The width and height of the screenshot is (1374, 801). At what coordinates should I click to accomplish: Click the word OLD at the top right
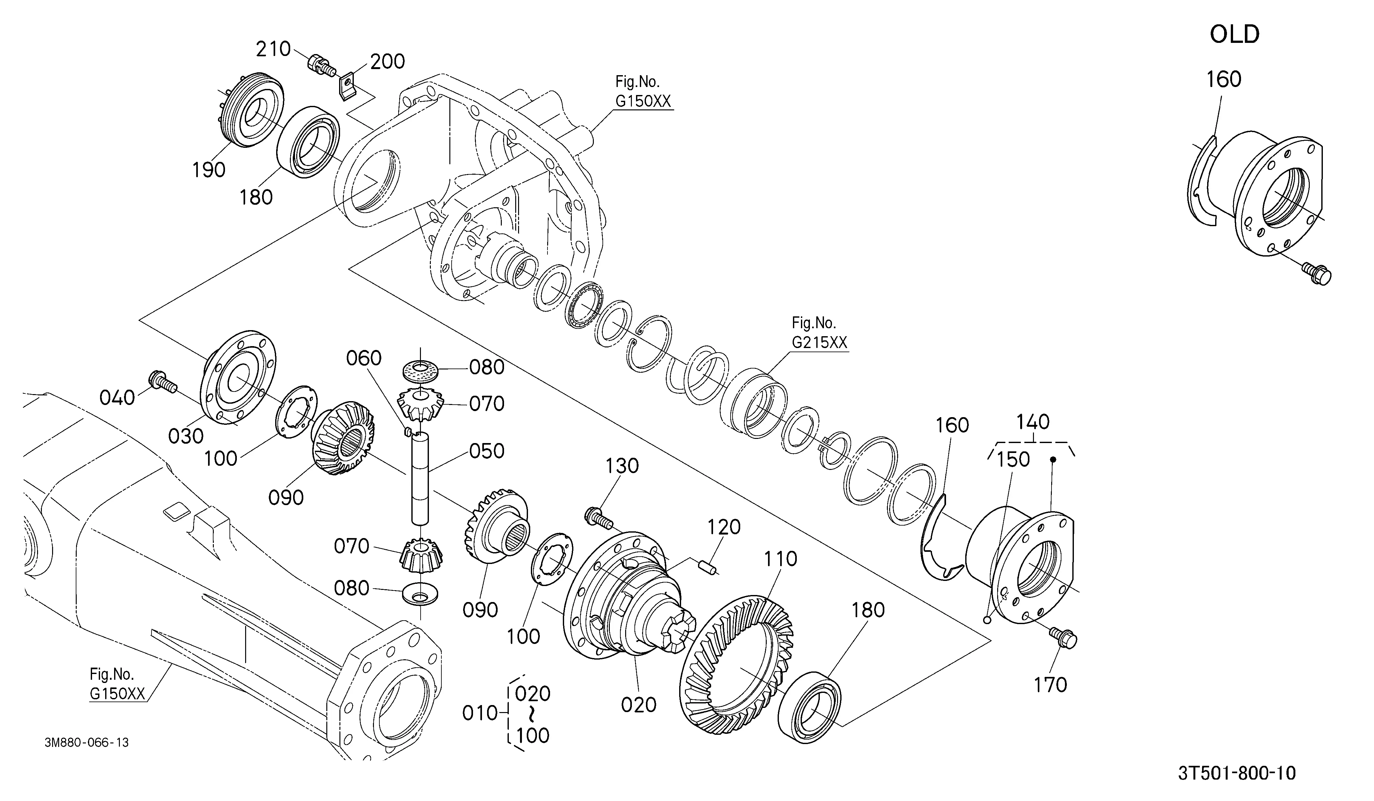pyautogui.click(x=1234, y=34)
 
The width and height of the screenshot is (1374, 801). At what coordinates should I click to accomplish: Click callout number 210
pyautogui.click(x=273, y=49)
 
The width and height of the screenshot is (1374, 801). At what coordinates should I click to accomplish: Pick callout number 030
pyautogui.click(x=186, y=436)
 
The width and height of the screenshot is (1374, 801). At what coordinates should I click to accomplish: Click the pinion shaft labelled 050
pyautogui.click(x=420, y=478)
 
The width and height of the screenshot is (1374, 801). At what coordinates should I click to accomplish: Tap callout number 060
pyautogui.click(x=364, y=359)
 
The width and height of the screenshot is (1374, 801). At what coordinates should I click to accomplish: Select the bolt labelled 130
pyautogui.click(x=600, y=518)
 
